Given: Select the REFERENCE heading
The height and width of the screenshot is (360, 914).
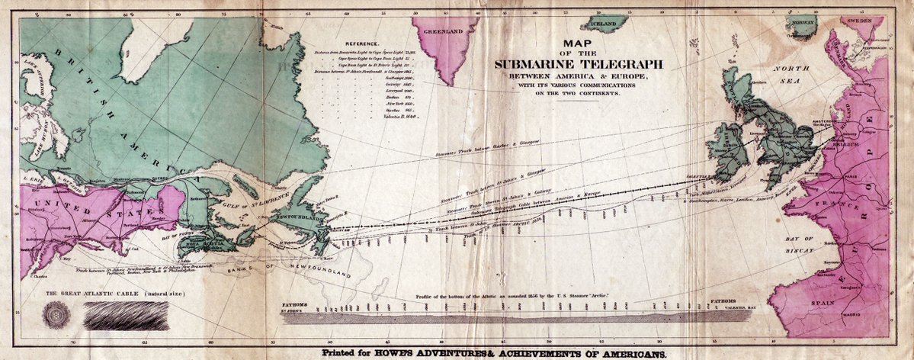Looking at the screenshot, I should click(x=363, y=45).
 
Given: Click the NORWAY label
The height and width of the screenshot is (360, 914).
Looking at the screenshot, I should click(x=802, y=23).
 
